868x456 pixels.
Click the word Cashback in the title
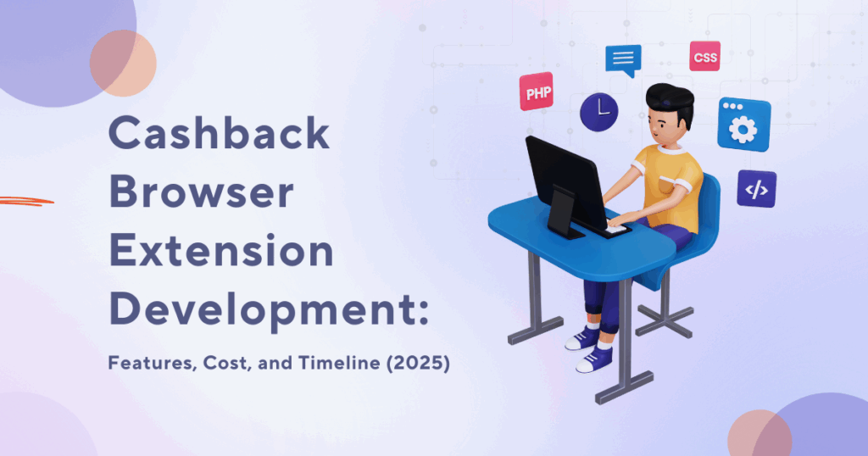pos(220,132)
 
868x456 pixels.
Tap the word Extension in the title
pos(221,250)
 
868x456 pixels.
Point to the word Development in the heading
pos(264,312)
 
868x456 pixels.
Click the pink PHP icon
pos(537,92)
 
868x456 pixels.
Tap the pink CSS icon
pos(704,57)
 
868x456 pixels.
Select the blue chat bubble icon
pos(623,60)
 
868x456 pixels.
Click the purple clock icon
pos(599,112)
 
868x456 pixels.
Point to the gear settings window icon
pos(743,125)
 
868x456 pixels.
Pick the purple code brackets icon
pos(756,189)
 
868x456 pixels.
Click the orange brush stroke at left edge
pos(26,201)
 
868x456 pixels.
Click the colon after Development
pos(424,312)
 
